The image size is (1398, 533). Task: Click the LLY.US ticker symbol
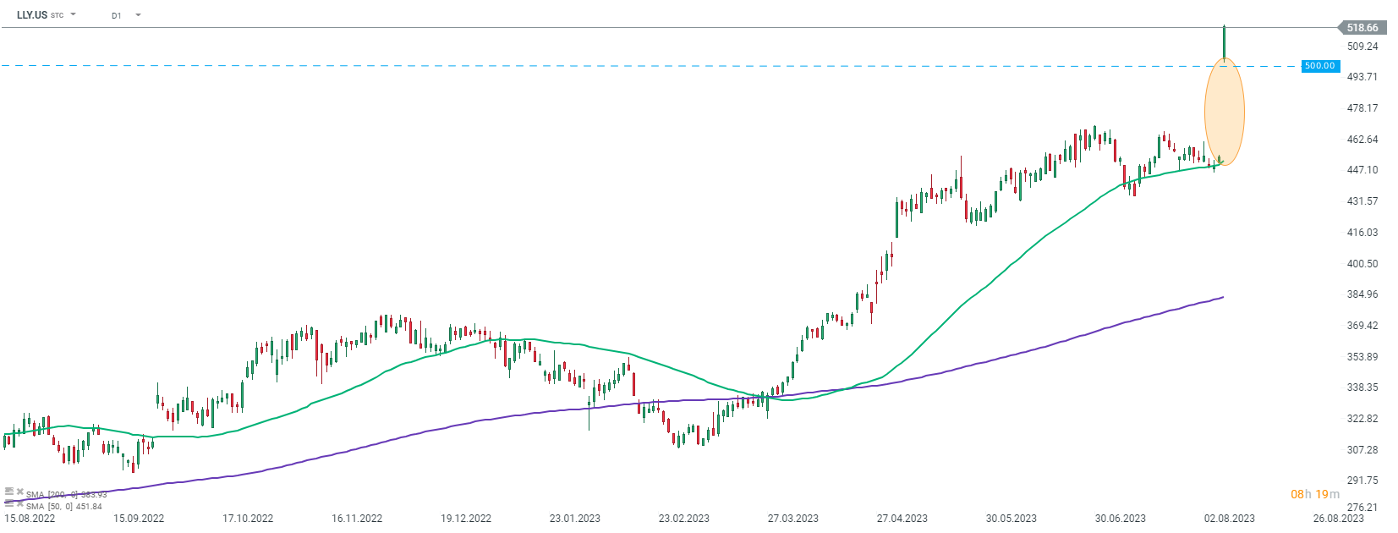32,15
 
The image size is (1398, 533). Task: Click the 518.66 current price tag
1362,28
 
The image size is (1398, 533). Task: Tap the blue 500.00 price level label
1319,66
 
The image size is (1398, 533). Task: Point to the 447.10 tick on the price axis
1362,170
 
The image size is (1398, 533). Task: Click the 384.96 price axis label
1362,294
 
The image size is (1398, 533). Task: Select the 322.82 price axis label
1362,419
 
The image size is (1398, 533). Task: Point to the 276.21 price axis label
1362,508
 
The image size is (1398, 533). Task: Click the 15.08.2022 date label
30,519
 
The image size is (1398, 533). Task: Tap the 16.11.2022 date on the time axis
357,519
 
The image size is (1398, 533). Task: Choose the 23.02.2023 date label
684,519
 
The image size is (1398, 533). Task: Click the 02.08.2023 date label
1230,519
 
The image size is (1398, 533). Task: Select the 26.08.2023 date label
1338,519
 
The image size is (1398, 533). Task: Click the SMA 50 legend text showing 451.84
63,507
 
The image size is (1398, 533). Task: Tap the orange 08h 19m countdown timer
1314,494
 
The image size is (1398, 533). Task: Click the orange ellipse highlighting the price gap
1224,111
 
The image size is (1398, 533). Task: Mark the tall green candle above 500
1224,42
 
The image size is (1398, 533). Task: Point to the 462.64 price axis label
1362,140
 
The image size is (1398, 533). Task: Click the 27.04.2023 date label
902,519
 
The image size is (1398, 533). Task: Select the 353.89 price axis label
1362,357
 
